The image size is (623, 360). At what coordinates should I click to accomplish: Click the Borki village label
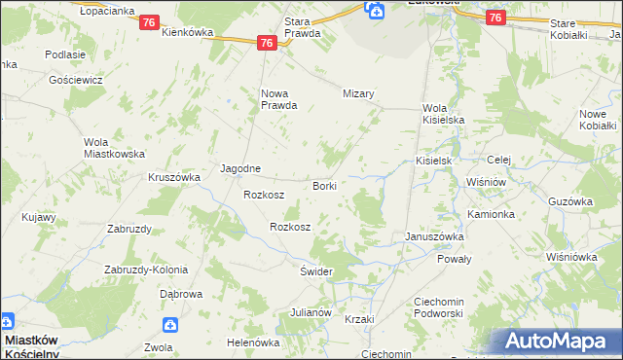pyautogui.click(x=324, y=185)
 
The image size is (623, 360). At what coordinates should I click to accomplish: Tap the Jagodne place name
pyautogui.click(x=240, y=167)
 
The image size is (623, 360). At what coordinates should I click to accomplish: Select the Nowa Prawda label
pyautogui.click(x=277, y=99)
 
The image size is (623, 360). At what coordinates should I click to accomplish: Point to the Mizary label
pyautogui.click(x=358, y=93)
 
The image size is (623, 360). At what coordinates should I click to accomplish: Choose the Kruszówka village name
pyautogui.click(x=174, y=177)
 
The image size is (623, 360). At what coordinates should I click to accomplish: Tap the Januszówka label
pyautogui.click(x=434, y=236)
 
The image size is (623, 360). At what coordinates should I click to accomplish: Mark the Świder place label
pyautogui.click(x=317, y=271)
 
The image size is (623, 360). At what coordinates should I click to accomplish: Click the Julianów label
pyautogui.click(x=311, y=313)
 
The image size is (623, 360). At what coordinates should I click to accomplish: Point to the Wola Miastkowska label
pyautogui.click(x=114, y=148)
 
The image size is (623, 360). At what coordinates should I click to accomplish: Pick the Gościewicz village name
pyautogui.click(x=72, y=79)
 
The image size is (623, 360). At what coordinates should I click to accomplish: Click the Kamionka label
pyautogui.click(x=491, y=213)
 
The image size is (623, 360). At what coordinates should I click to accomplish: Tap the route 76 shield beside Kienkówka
pyautogui.click(x=149, y=22)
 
